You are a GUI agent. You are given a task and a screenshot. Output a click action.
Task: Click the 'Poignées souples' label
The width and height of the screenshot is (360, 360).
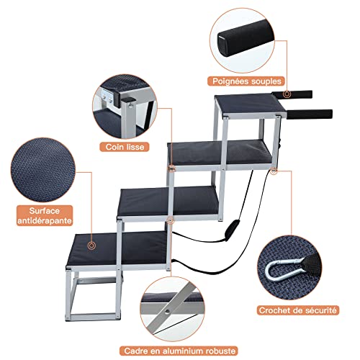coord(246,81)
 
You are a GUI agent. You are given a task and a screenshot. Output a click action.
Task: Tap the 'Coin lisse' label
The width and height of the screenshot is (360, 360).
coord(125,147)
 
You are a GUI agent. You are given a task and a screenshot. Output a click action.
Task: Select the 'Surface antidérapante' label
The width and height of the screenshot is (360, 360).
coord(45,215)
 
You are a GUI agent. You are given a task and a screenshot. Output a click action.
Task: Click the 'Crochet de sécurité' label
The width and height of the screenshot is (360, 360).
coord(297,310)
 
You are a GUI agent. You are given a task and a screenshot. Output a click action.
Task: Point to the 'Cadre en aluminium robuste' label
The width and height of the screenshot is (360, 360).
coord(179,351)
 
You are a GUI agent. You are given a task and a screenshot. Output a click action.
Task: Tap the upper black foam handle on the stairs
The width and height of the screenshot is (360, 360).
coord(293,94)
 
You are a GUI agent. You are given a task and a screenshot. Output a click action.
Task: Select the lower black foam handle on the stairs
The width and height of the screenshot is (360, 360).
coord(309,114)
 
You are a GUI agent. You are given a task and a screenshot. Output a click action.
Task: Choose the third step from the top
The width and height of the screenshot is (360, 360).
coord(168,201)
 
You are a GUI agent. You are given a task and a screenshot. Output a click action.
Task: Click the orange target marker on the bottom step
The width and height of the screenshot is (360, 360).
coord(91,246)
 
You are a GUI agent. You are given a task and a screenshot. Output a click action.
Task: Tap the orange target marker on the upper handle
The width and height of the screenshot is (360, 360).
coord(287,94)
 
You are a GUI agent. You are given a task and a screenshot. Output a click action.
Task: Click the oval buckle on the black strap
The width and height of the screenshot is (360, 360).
coord(230,229)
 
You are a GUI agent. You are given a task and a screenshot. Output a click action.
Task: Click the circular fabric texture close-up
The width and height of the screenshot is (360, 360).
coord(43,170)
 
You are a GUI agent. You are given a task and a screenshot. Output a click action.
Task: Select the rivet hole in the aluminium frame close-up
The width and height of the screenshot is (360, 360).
coord(167,312)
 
